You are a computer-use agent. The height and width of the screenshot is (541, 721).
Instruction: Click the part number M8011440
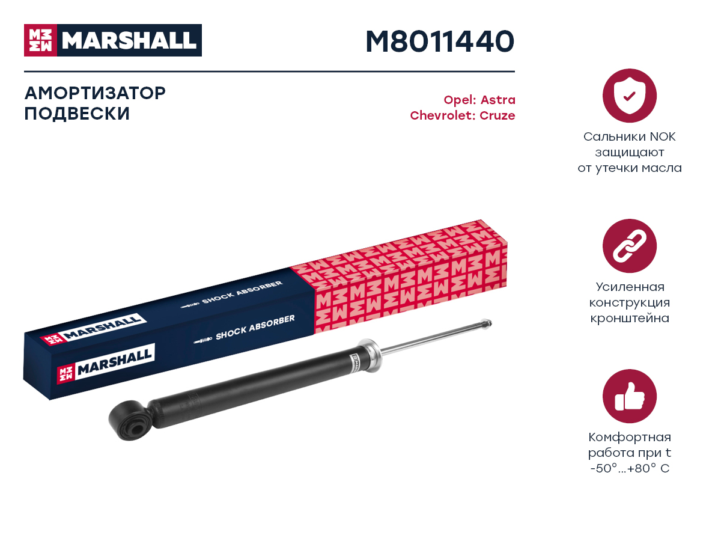[x=439, y=41]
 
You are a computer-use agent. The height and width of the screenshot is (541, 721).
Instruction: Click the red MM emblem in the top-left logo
[x=40, y=40]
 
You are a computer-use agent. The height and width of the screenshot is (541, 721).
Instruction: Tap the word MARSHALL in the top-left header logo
[x=129, y=40]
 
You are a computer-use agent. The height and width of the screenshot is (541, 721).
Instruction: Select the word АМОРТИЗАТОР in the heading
[x=95, y=93]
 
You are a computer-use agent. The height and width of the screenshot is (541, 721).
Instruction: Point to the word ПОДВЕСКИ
[x=77, y=114]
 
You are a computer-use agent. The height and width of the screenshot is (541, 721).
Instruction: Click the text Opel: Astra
[x=479, y=100]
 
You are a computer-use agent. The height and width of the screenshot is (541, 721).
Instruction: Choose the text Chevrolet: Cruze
[x=463, y=115]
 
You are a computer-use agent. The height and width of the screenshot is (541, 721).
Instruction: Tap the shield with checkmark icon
[x=629, y=96]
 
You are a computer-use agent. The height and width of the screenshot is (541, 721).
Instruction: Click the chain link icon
[x=629, y=246]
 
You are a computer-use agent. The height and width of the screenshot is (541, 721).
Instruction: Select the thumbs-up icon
[x=629, y=396]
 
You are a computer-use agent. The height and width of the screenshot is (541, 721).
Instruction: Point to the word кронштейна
[x=629, y=318]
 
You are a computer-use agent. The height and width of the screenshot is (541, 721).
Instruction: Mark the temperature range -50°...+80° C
[x=629, y=468]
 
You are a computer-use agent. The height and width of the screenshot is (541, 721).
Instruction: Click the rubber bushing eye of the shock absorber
[x=130, y=420]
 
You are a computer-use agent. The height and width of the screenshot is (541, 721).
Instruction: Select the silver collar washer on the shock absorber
[x=371, y=355]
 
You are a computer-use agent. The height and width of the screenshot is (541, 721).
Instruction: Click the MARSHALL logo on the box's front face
[x=106, y=363]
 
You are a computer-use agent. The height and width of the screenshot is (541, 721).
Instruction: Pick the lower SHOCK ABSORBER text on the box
[x=255, y=327]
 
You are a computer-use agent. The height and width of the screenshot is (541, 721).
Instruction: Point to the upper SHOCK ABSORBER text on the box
[x=242, y=292]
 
